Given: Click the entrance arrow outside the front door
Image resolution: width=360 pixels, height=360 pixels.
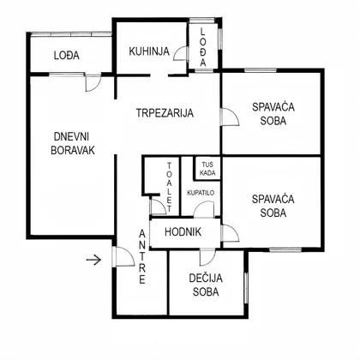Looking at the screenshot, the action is (93, 260).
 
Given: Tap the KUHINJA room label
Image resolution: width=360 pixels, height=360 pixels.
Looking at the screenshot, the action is (149, 51).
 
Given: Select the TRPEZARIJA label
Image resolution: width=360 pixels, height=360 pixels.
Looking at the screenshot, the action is (165, 113).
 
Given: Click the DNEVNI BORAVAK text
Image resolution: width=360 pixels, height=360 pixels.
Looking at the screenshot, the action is (73, 143).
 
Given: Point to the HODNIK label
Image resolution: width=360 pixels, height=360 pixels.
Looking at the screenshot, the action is (183, 231).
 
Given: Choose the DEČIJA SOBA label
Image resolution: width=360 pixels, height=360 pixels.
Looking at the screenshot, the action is (206, 285).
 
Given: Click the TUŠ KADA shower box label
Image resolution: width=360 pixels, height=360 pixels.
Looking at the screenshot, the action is (207, 169).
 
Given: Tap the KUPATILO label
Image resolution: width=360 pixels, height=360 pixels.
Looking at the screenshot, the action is (201, 193).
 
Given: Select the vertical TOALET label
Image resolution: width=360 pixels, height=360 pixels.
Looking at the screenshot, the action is (169, 187).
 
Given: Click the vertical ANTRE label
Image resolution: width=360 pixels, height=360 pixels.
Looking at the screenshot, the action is (142, 257).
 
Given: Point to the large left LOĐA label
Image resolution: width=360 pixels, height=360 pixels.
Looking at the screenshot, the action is (67, 55).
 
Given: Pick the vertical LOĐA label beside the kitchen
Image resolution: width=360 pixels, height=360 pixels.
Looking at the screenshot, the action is (202, 47).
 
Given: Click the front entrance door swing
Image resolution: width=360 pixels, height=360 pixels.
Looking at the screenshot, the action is (123, 256).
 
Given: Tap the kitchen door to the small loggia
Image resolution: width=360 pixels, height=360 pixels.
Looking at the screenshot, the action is (181, 53).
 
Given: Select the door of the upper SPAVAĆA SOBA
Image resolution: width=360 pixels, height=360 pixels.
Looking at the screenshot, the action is (230, 117).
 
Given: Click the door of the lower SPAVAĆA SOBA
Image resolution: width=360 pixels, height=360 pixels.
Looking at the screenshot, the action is (230, 233).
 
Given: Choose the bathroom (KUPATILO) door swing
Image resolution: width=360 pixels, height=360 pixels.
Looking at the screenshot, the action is (204, 209).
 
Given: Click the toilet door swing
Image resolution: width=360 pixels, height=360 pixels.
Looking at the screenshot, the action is (158, 206).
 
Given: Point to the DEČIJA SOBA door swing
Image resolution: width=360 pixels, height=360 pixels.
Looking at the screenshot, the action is (207, 257).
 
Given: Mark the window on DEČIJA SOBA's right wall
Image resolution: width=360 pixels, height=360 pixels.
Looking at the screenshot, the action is (246, 288).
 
